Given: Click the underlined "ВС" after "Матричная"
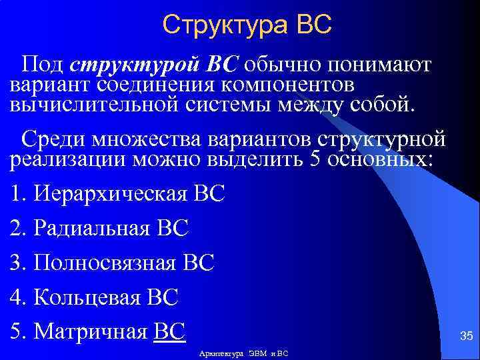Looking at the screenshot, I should point(169,330).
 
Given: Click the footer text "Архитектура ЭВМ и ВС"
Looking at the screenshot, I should point(243,353).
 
